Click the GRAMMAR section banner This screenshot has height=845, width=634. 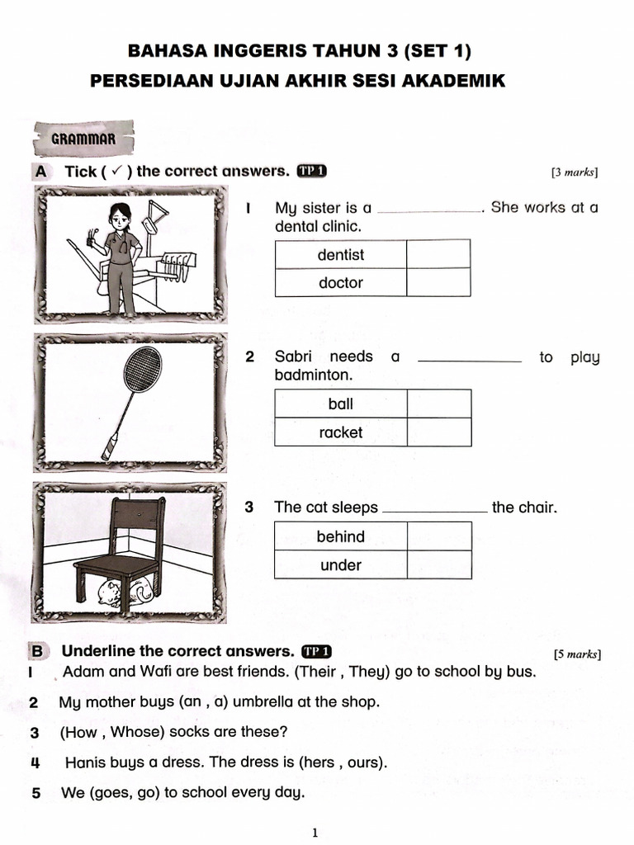click(83, 139)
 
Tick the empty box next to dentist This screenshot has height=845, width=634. click(438, 254)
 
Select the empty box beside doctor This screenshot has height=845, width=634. click(438, 283)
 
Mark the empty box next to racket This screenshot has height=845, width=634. click(438, 432)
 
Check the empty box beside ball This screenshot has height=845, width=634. click(438, 404)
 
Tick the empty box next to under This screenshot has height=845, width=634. click(438, 565)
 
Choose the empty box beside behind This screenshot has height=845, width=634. click(438, 536)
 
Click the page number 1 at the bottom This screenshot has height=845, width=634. click(315, 833)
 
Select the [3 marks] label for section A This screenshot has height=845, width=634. click(574, 172)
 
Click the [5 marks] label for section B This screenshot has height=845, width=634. click(577, 654)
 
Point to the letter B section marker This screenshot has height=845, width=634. click(37, 651)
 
